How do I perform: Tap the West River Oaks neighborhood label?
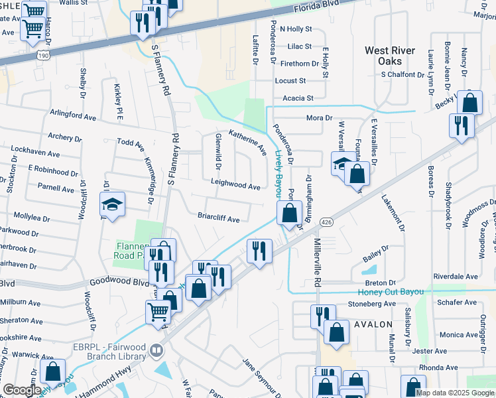(x=390, y=56)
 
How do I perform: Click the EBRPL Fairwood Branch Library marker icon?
(x=156, y=349)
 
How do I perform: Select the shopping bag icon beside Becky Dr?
(x=469, y=103)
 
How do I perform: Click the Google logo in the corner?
(x=21, y=390)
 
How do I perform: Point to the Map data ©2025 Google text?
(x=455, y=393)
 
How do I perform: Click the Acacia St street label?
(x=298, y=98)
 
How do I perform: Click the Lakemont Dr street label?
(x=393, y=213)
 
